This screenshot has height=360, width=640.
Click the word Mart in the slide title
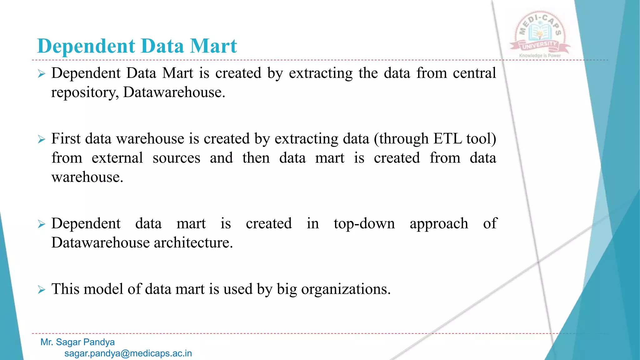click(x=213, y=46)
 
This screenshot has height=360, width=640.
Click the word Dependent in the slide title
click(x=87, y=46)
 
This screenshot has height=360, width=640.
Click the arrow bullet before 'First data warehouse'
click(x=42, y=139)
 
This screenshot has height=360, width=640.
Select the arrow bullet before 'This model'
click(x=42, y=289)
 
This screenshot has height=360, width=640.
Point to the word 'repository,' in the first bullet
click(x=85, y=92)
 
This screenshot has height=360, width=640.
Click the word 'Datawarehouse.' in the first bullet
click(x=174, y=92)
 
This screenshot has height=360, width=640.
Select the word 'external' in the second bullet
click(x=117, y=158)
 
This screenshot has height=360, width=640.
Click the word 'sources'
click(x=176, y=158)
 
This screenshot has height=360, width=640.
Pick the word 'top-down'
click(x=364, y=224)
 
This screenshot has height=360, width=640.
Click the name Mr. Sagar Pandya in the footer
click(x=77, y=342)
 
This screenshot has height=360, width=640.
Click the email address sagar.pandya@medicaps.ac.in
click(x=128, y=353)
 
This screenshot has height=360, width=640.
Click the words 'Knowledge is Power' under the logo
click(x=540, y=56)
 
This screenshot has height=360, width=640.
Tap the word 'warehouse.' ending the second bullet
click(x=87, y=177)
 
